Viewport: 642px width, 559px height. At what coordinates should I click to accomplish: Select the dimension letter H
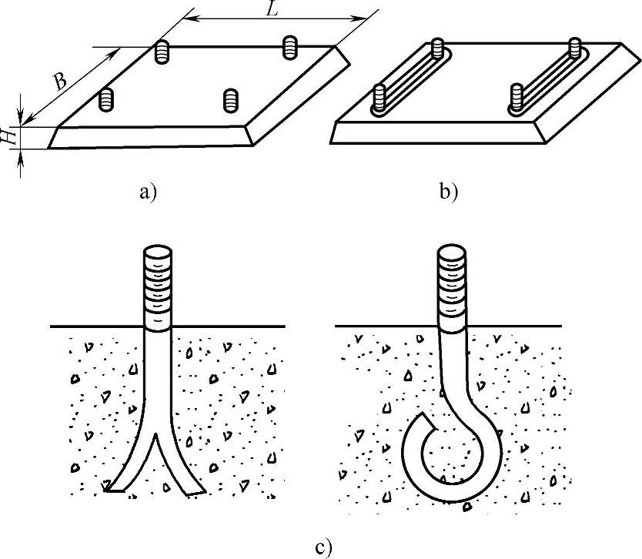click(8, 136)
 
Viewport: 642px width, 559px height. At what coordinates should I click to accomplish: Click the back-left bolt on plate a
click(162, 51)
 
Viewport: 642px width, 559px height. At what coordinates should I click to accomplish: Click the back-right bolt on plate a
click(289, 46)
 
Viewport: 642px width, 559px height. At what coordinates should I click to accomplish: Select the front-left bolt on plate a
click(108, 99)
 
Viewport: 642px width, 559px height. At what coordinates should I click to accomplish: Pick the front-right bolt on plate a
click(231, 99)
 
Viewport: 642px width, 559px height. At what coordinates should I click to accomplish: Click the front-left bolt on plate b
click(379, 98)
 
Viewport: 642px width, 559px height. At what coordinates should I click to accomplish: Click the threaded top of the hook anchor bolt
click(452, 282)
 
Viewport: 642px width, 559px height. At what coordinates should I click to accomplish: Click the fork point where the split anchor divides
click(158, 436)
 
